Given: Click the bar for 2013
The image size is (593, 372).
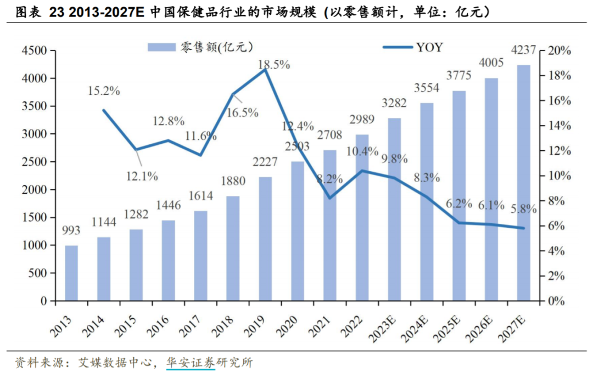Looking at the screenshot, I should tap(71, 273).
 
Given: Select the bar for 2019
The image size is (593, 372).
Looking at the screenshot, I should tap(265, 239).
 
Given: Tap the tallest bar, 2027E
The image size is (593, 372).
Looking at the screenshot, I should tap(524, 183).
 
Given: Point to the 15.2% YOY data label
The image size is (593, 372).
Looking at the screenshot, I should tap(104, 91).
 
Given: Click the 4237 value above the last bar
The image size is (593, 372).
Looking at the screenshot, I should tap(524, 50).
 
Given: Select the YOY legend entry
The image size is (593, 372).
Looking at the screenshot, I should tap(429, 47).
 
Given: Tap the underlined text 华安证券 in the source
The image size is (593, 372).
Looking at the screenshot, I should tap(190, 363).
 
